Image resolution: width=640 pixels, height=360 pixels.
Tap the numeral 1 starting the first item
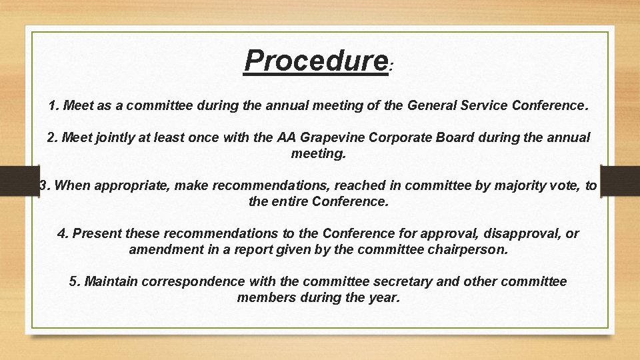point(53,105)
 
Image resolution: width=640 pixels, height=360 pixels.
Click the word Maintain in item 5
point(111,282)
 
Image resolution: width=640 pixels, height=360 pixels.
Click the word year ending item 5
point(385,297)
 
